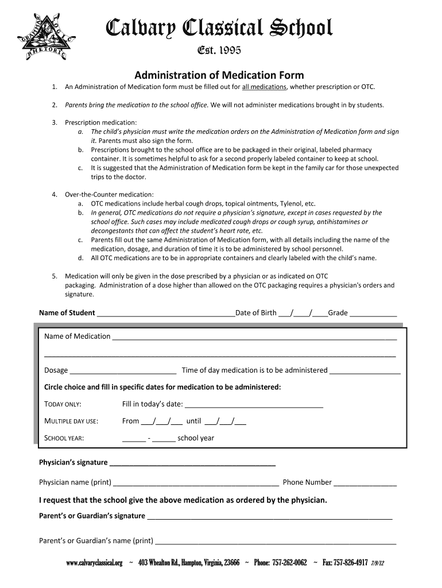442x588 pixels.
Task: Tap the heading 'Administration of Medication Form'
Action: tap(219, 75)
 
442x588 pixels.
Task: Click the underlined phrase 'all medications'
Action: tap(264, 87)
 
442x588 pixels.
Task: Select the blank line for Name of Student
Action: tap(166, 314)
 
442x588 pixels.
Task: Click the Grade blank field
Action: tap(373, 314)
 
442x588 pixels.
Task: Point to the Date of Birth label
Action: tap(256, 313)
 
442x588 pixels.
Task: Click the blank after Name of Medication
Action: tap(254, 337)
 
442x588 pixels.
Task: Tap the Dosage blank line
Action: tap(123, 371)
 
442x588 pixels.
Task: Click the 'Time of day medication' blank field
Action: tap(365, 371)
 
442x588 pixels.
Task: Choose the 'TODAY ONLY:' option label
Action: tap(63, 404)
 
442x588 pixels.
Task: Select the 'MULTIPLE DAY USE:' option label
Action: tap(71, 421)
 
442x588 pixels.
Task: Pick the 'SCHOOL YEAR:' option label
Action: tap(64, 439)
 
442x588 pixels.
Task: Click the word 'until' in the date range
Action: tap(193, 421)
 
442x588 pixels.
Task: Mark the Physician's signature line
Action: tap(192, 463)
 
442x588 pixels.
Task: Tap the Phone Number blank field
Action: tap(365, 483)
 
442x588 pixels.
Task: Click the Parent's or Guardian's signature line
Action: tap(270, 516)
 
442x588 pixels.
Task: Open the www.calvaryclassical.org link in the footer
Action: tap(95, 563)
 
